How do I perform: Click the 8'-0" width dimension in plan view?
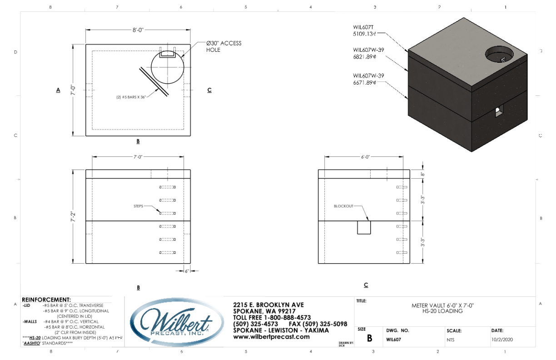tap(138, 30)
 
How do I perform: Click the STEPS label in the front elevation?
tap(138, 206)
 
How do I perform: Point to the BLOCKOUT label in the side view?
tap(343, 206)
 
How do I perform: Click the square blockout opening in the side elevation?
tap(364, 227)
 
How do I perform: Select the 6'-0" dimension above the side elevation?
tap(366, 157)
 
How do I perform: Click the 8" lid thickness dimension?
tap(422, 174)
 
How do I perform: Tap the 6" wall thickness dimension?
tap(187, 271)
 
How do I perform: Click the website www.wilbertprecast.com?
tap(271, 337)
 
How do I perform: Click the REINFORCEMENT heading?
tap(46, 300)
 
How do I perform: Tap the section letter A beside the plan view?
tap(58, 90)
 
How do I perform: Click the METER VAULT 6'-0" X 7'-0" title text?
tap(443, 305)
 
